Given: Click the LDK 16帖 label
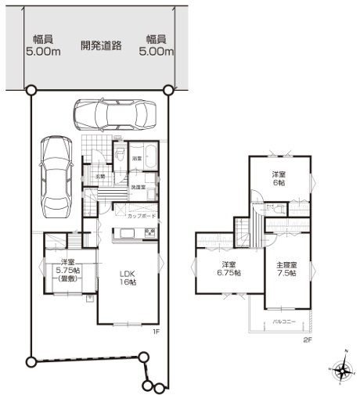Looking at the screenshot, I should pyautogui.click(x=128, y=278).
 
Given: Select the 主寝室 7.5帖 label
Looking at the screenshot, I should pyautogui.click(x=287, y=269).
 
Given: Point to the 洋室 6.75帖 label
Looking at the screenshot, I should pyautogui.click(x=229, y=268).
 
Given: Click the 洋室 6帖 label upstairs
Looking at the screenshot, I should pyautogui.click(x=278, y=178).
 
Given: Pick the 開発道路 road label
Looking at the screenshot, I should pyautogui.click(x=101, y=45).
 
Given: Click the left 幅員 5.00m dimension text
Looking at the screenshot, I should pyautogui.click(x=43, y=46).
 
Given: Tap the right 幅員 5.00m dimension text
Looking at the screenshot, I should pyautogui.click(x=155, y=46).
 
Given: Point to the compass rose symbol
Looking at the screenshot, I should pyautogui.click(x=340, y=369).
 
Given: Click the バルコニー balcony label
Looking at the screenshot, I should pyautogui.click(x=283, y=321).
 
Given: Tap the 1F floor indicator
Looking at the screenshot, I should pyautogui.click(x=155, y=332).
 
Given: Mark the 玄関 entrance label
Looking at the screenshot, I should pyautogui.click(x=100, y=176).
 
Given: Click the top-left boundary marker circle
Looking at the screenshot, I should pyautogui.click(x=31, y=91).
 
